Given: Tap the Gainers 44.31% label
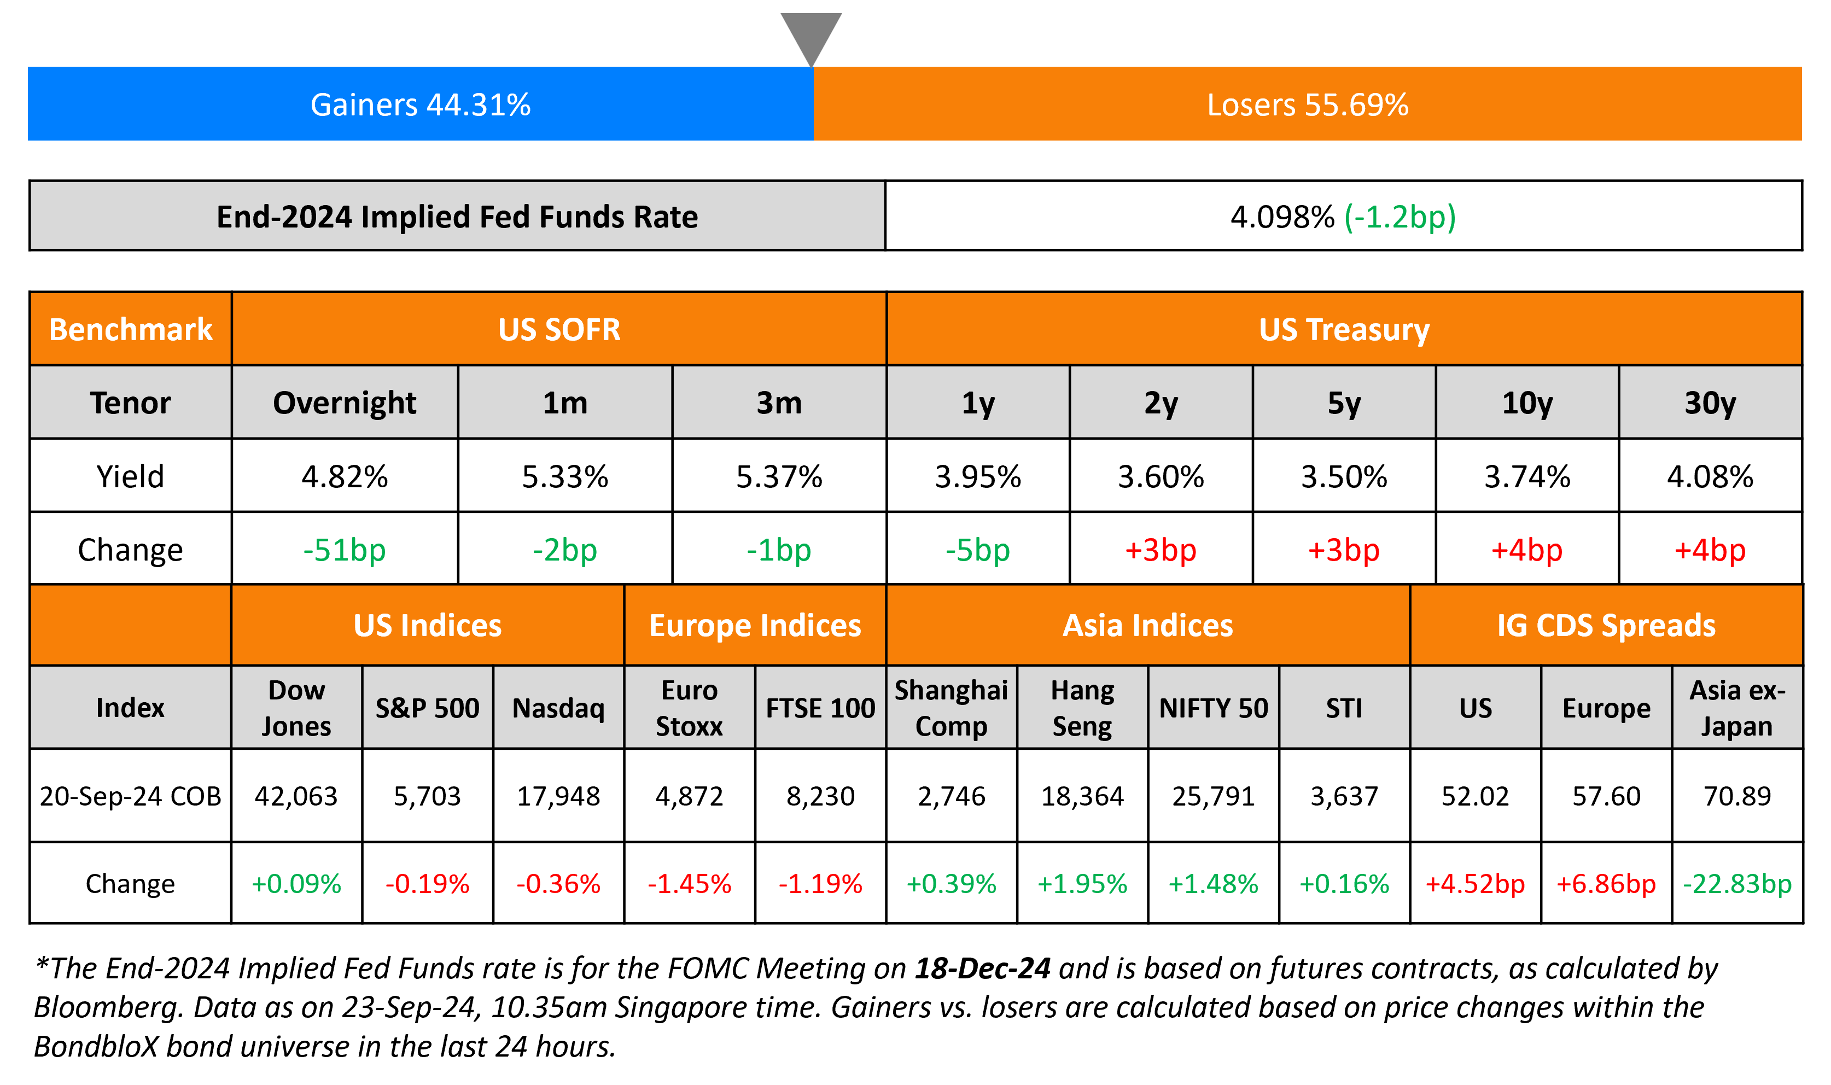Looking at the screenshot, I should click(421, 104).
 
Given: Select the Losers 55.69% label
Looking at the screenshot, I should click(1307, 104).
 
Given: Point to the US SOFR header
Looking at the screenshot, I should click(559, 329).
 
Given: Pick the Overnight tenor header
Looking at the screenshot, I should click(345, 403).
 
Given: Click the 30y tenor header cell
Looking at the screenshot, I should click(1710, 403).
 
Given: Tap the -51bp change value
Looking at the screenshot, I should click(345, 550).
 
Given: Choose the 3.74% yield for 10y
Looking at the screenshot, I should click(1527, 477).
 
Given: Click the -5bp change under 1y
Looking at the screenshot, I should click(977, 550).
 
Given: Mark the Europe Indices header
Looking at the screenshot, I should click(755, 625).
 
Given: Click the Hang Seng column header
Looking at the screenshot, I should click(1082, 708).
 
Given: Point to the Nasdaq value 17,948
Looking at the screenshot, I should click(558, 796).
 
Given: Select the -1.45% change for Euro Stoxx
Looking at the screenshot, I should click(689, 884).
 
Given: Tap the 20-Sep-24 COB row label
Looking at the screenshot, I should click(130, 796).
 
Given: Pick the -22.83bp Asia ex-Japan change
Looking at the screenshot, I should click(1737, 884).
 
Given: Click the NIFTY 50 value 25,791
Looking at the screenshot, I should click(1214, 796).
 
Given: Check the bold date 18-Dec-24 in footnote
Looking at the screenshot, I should click(982, 968).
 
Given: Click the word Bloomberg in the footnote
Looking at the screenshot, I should click(107, 1007).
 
